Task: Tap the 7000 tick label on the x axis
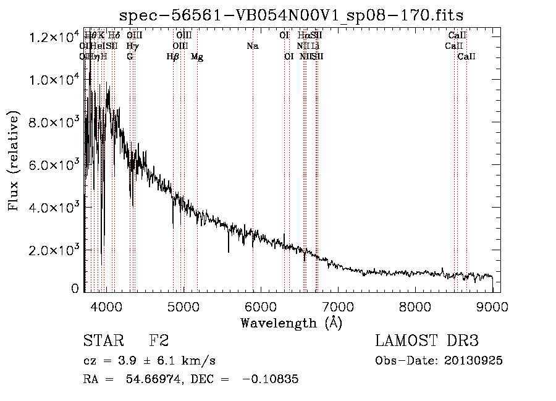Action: tap(337, 306)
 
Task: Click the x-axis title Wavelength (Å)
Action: tap(291, 323)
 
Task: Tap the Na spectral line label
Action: tap(252, 46)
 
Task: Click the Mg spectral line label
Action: tap(197, 57)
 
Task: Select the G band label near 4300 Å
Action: tap(130, 57)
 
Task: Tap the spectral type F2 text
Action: tap(159, 342)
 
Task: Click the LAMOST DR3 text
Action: tap(427, 342)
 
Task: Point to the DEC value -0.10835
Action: tap(271, 379)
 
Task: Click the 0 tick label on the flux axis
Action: tap(75, 289)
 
